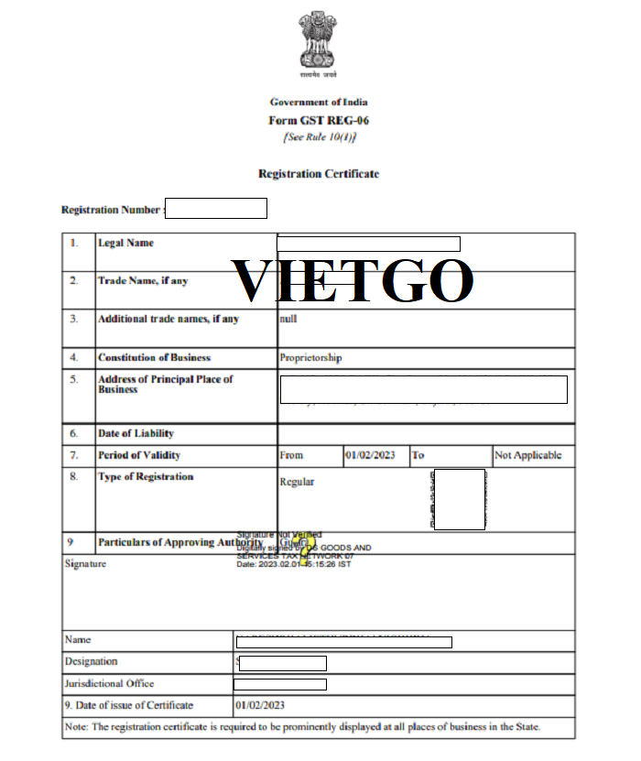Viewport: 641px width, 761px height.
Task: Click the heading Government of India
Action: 319,103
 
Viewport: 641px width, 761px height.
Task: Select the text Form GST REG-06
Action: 319,120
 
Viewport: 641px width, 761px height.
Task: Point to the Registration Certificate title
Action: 319,173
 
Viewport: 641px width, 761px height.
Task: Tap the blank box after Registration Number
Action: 216,209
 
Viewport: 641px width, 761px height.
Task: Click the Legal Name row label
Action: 125,243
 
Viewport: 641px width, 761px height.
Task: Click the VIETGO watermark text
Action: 353,280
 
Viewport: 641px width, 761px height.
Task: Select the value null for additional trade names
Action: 288,319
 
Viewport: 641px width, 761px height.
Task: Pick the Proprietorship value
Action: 310,357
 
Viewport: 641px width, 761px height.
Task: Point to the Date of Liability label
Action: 136,433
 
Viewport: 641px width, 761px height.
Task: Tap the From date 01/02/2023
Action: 370,455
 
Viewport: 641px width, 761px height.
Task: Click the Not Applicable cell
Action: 527,455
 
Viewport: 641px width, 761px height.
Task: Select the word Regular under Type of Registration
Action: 297,482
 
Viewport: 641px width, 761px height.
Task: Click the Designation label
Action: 92,661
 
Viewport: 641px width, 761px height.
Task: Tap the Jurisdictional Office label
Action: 109,683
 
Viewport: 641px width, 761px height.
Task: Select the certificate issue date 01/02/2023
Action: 260,705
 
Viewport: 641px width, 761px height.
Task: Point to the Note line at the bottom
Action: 303,727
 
